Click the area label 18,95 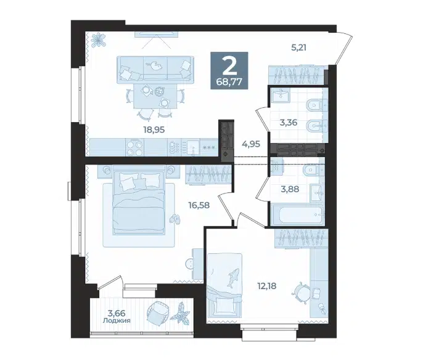(154, 130)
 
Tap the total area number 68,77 (229, 81)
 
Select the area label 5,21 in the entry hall (298, 47)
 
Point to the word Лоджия (117, 320)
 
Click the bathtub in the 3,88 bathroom (301, 214)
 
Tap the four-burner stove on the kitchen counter (134, 147)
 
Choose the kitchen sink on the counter (192, 147)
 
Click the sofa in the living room (155, 69)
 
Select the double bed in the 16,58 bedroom (139, 200)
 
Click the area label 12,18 (267, 285)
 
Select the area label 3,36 (289, 123)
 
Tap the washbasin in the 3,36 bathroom (281, 95)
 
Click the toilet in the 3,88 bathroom (313, 169)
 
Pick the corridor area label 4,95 (251, 144)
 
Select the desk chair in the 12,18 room (300, 292)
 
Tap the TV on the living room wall (156, 34)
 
